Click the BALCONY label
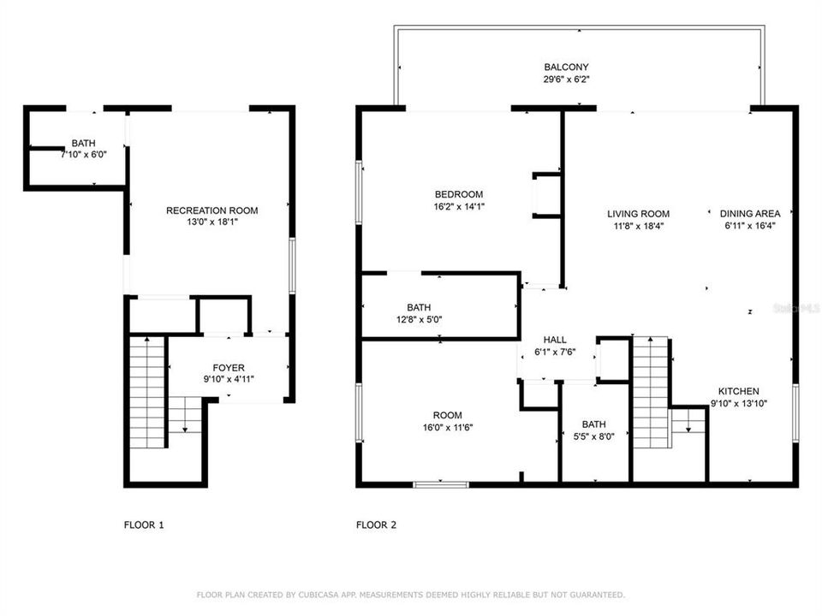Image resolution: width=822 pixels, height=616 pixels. pyautogui.click(x=566, y=67)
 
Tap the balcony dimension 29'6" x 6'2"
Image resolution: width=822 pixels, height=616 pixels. pyautogui.click(x=566, y=79)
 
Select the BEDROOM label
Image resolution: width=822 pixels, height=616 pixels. pyautogui.click(x=458, y=194)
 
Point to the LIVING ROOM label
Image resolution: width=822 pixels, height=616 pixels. pyautogui.click(x=638, y=214)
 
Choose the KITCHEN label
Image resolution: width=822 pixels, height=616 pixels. pyautogui.click(x=737, y=391)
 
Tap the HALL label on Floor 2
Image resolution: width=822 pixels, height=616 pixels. pyautogui.click(x=555, y=340)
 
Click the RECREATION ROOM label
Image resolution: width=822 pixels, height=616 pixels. pyautogui.click(x=211, y=210)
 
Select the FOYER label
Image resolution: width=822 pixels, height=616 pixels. pyautogui.click(x=229, y=368)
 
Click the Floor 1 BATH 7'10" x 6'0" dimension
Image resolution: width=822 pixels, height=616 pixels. pyautogui.click(x=83, y=155)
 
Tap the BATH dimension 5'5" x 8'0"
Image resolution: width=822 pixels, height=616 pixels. pyautogui.click(x=593, y=435)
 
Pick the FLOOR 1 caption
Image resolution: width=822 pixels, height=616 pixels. pyautogui.click(x=144, y=525)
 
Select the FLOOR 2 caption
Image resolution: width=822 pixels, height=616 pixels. pyautogui.click(x=376, y=525)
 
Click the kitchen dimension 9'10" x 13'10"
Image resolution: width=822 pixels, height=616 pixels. pyautogui.click(x=737, y=403)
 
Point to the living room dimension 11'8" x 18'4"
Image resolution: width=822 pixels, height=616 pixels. pyautogui.click(x=638, y=226)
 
